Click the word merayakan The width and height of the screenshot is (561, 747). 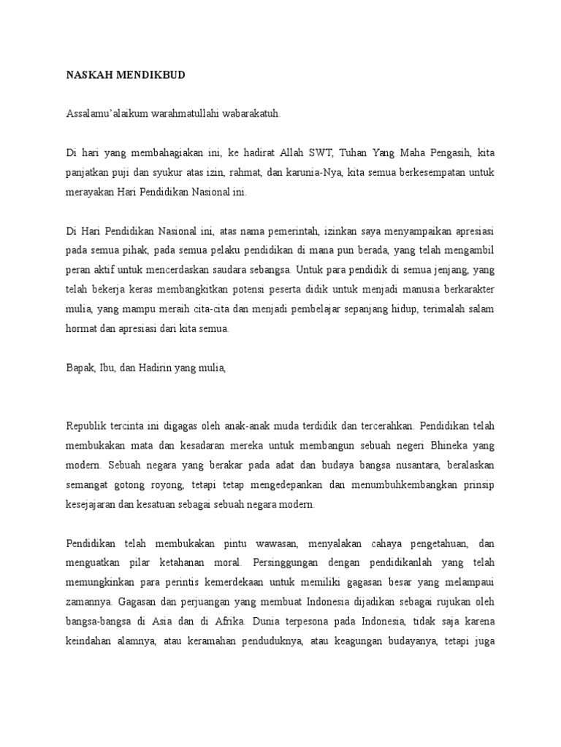[87, 193]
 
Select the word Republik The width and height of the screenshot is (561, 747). [87, 426]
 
